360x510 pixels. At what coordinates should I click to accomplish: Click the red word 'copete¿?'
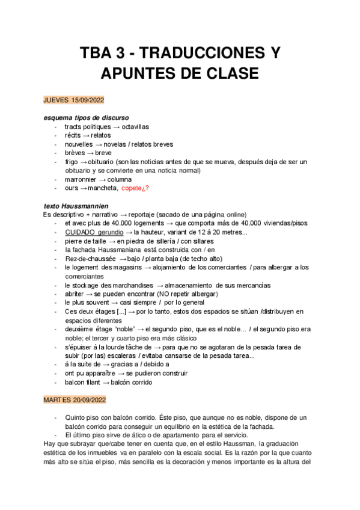click(135, 189)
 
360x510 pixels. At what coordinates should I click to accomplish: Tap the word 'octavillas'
click(135, 127)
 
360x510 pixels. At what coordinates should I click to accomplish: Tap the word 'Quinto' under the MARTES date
click(76, 417)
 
